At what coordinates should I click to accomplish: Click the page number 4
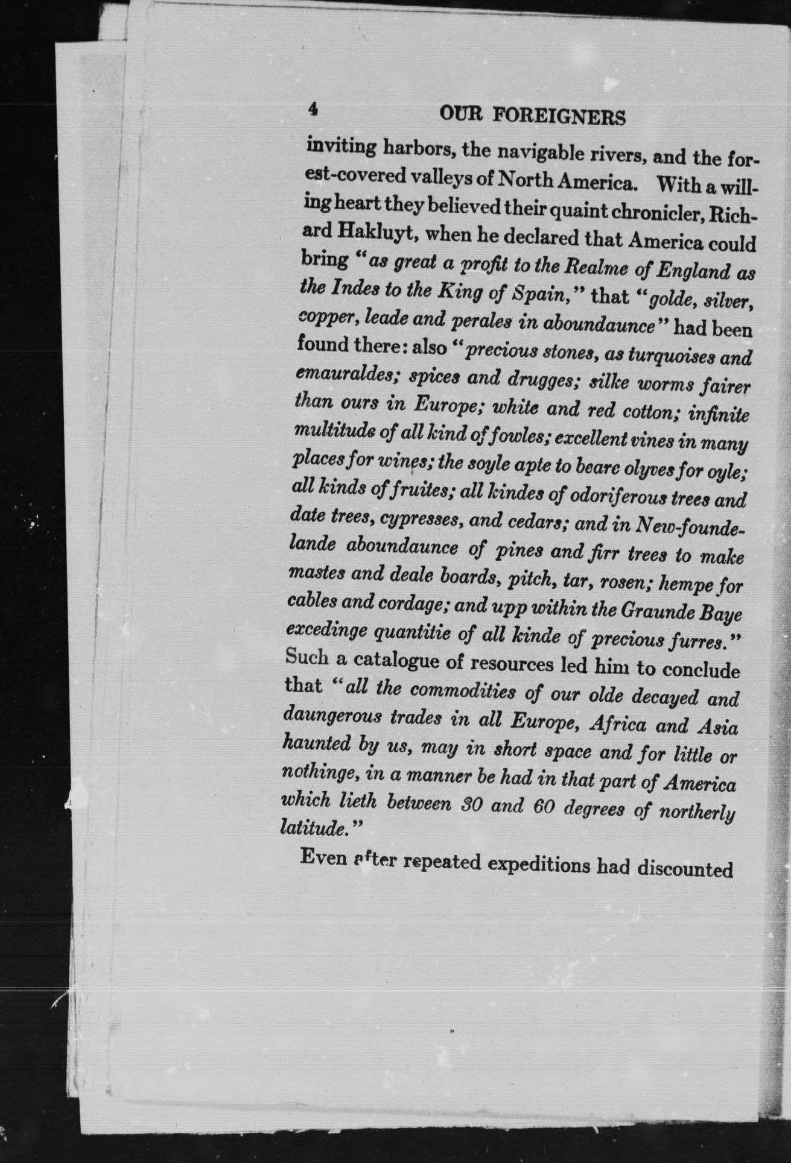313,109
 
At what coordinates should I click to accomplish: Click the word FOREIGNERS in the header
559,115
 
